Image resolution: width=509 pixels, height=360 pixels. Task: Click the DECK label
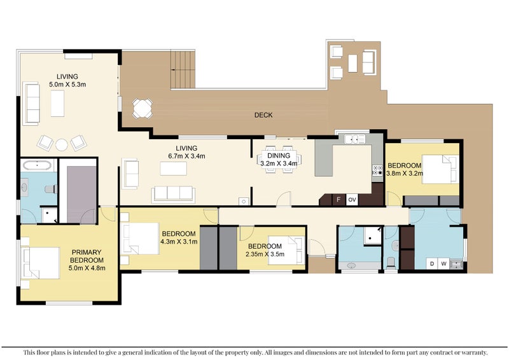click(263, 115)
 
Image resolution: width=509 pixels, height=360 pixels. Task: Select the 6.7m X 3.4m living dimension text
click(183, 156)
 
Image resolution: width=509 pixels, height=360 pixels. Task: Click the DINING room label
click(279, 155)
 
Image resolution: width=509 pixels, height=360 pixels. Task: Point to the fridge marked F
click(338, 200)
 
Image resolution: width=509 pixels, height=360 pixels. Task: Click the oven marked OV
click(352, 200)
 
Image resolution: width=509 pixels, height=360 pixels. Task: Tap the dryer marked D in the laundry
click(433, 262)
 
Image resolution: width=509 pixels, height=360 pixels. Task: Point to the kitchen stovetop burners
click(376, 171)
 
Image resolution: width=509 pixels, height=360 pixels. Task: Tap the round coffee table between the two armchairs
click(61, 144)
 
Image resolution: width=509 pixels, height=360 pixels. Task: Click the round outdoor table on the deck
click(142, 108)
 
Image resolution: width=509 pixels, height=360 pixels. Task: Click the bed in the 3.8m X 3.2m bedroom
click(439, 169)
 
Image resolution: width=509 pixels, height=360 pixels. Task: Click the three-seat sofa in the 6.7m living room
click(172, 193)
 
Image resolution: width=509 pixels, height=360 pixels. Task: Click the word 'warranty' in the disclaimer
click(472, 352)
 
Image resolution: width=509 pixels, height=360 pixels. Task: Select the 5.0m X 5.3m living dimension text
click(67, 83)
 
